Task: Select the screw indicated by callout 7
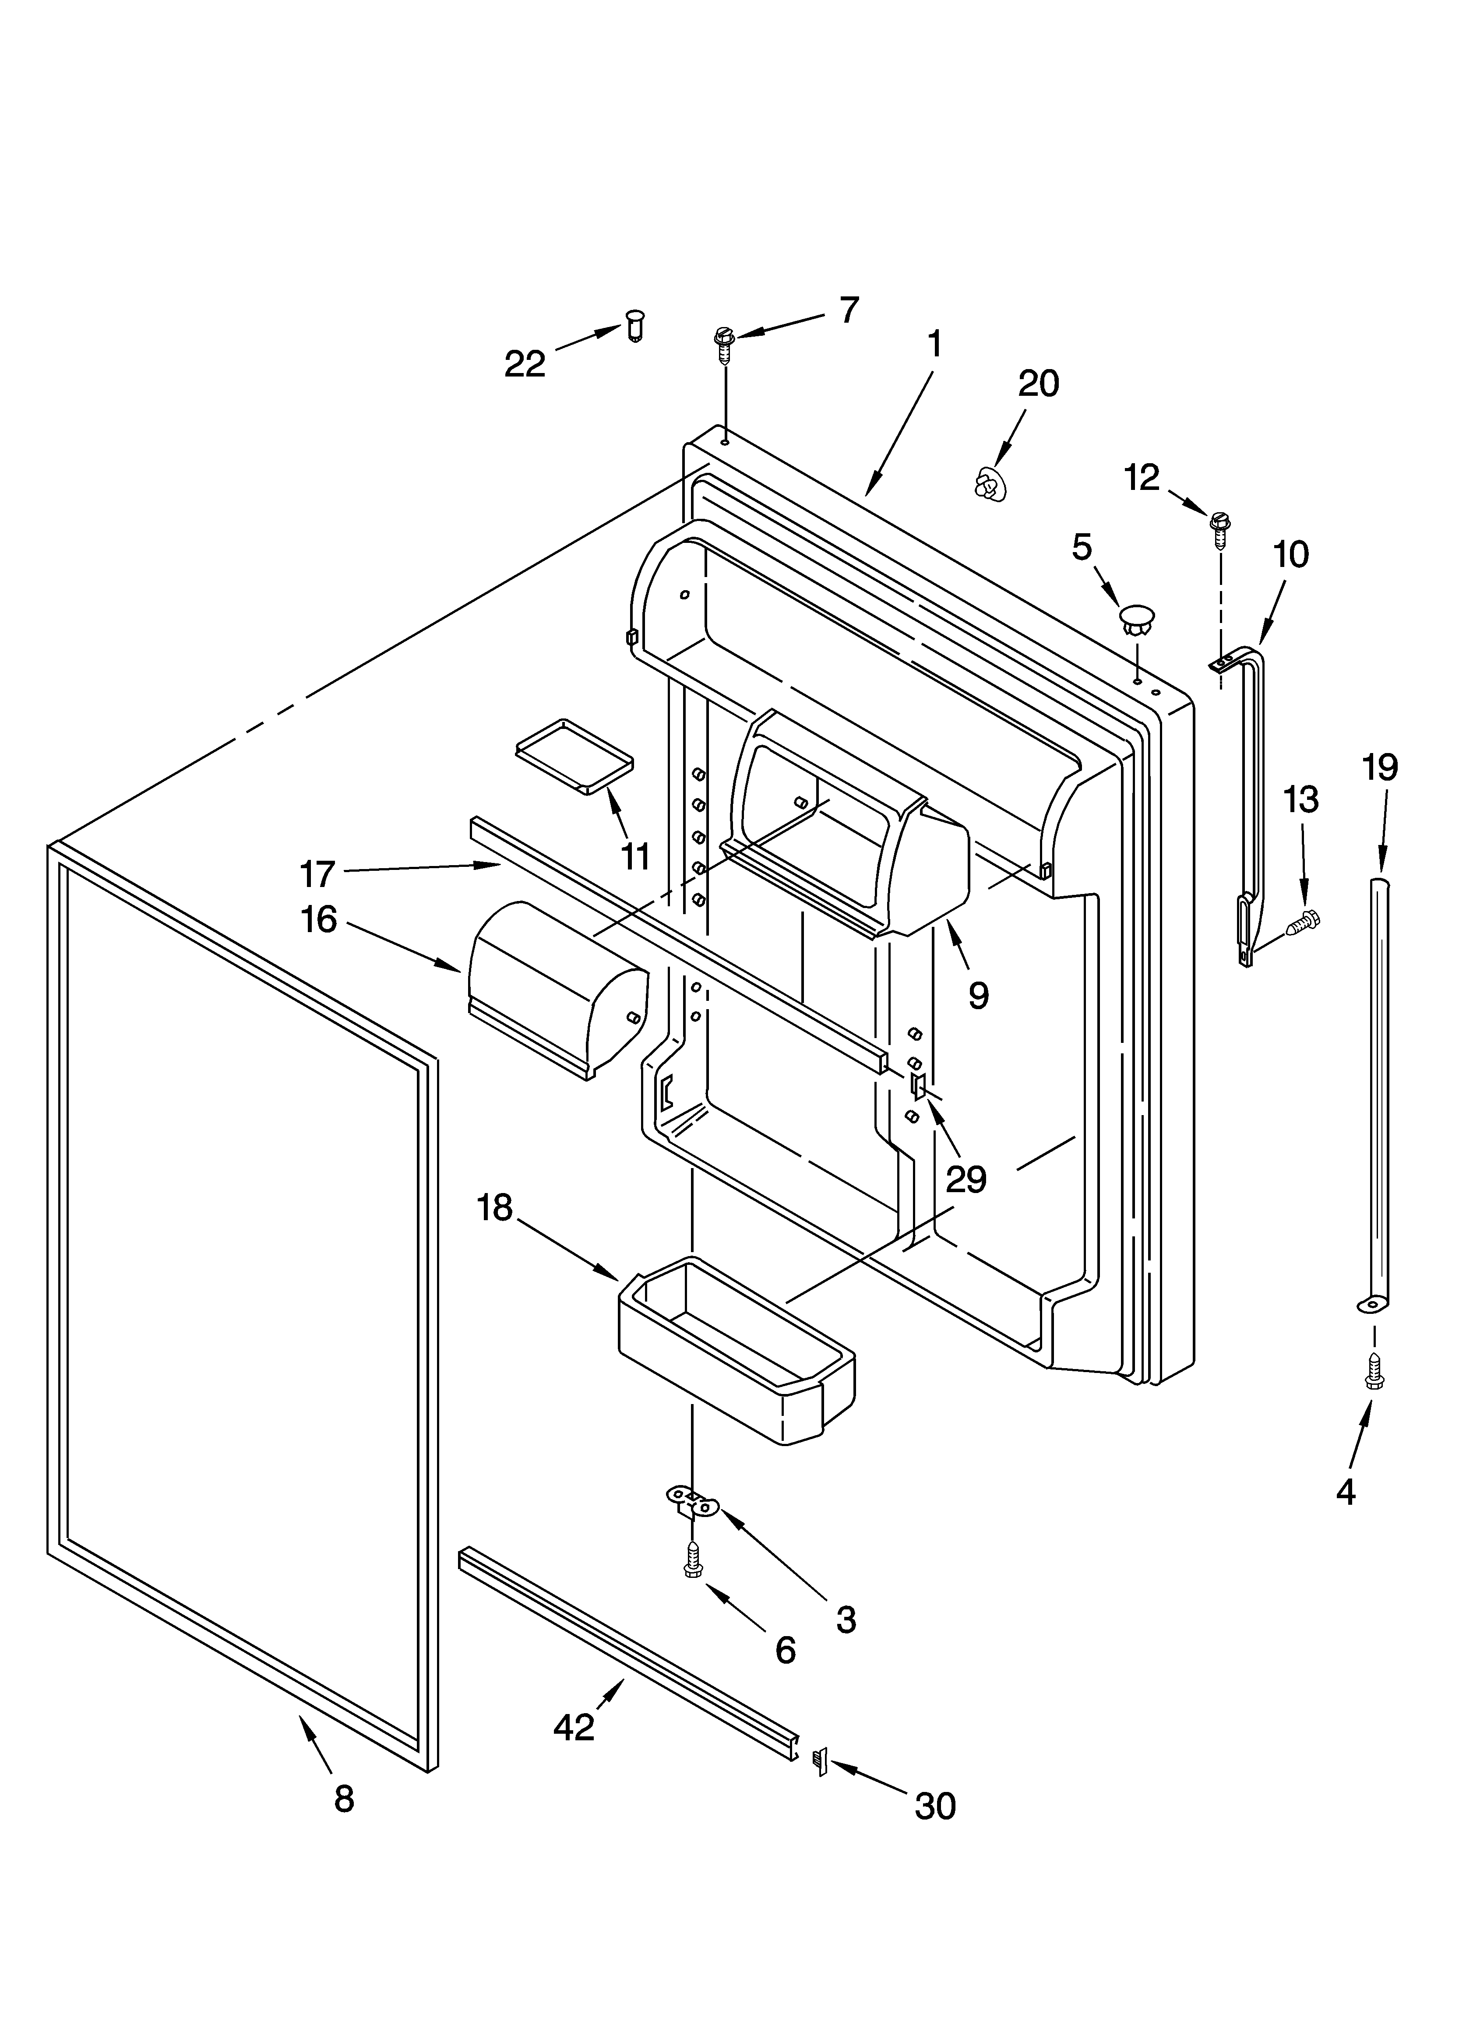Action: (x=723, y=344)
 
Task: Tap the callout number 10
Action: (x=1291, y=554)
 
